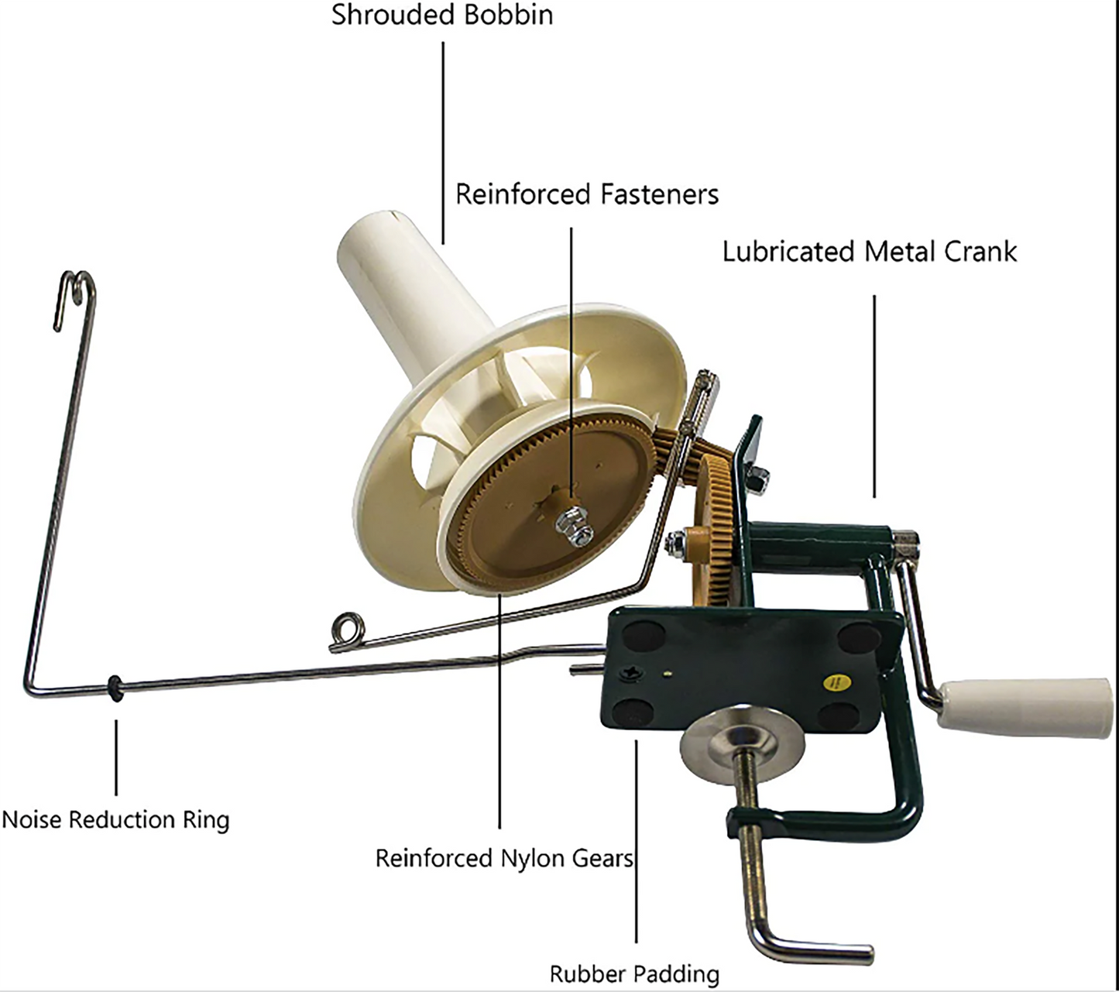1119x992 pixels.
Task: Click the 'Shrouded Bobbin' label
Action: coord(442,15)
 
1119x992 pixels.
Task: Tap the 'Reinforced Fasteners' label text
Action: coord(586,194)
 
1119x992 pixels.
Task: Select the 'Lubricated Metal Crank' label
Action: coord(869,252)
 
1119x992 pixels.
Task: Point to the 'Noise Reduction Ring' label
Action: coord(116,819)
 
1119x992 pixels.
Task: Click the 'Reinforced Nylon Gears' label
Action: coord(504,858)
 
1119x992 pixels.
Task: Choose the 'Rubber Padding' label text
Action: coord(634,973)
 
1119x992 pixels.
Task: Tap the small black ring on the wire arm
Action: coord(115,688)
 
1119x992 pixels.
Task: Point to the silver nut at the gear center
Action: coord(575,525)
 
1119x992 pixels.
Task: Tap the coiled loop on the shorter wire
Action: coord(345,629)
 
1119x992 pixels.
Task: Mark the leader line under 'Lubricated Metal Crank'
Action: coord(874,395)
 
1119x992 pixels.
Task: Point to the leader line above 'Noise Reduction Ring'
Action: coord(116,757)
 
